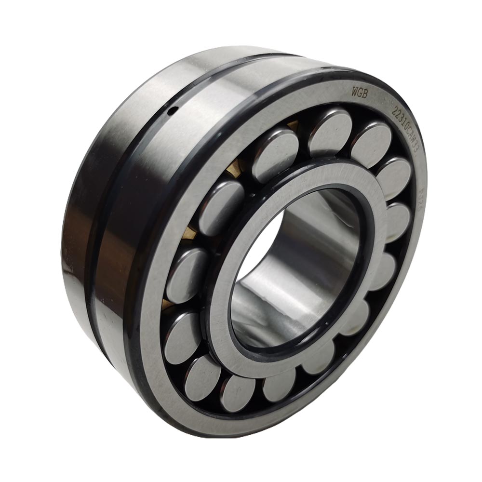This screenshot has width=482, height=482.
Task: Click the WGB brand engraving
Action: (x=360, y=93)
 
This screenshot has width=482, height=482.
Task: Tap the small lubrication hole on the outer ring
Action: (x=171, y=112)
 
